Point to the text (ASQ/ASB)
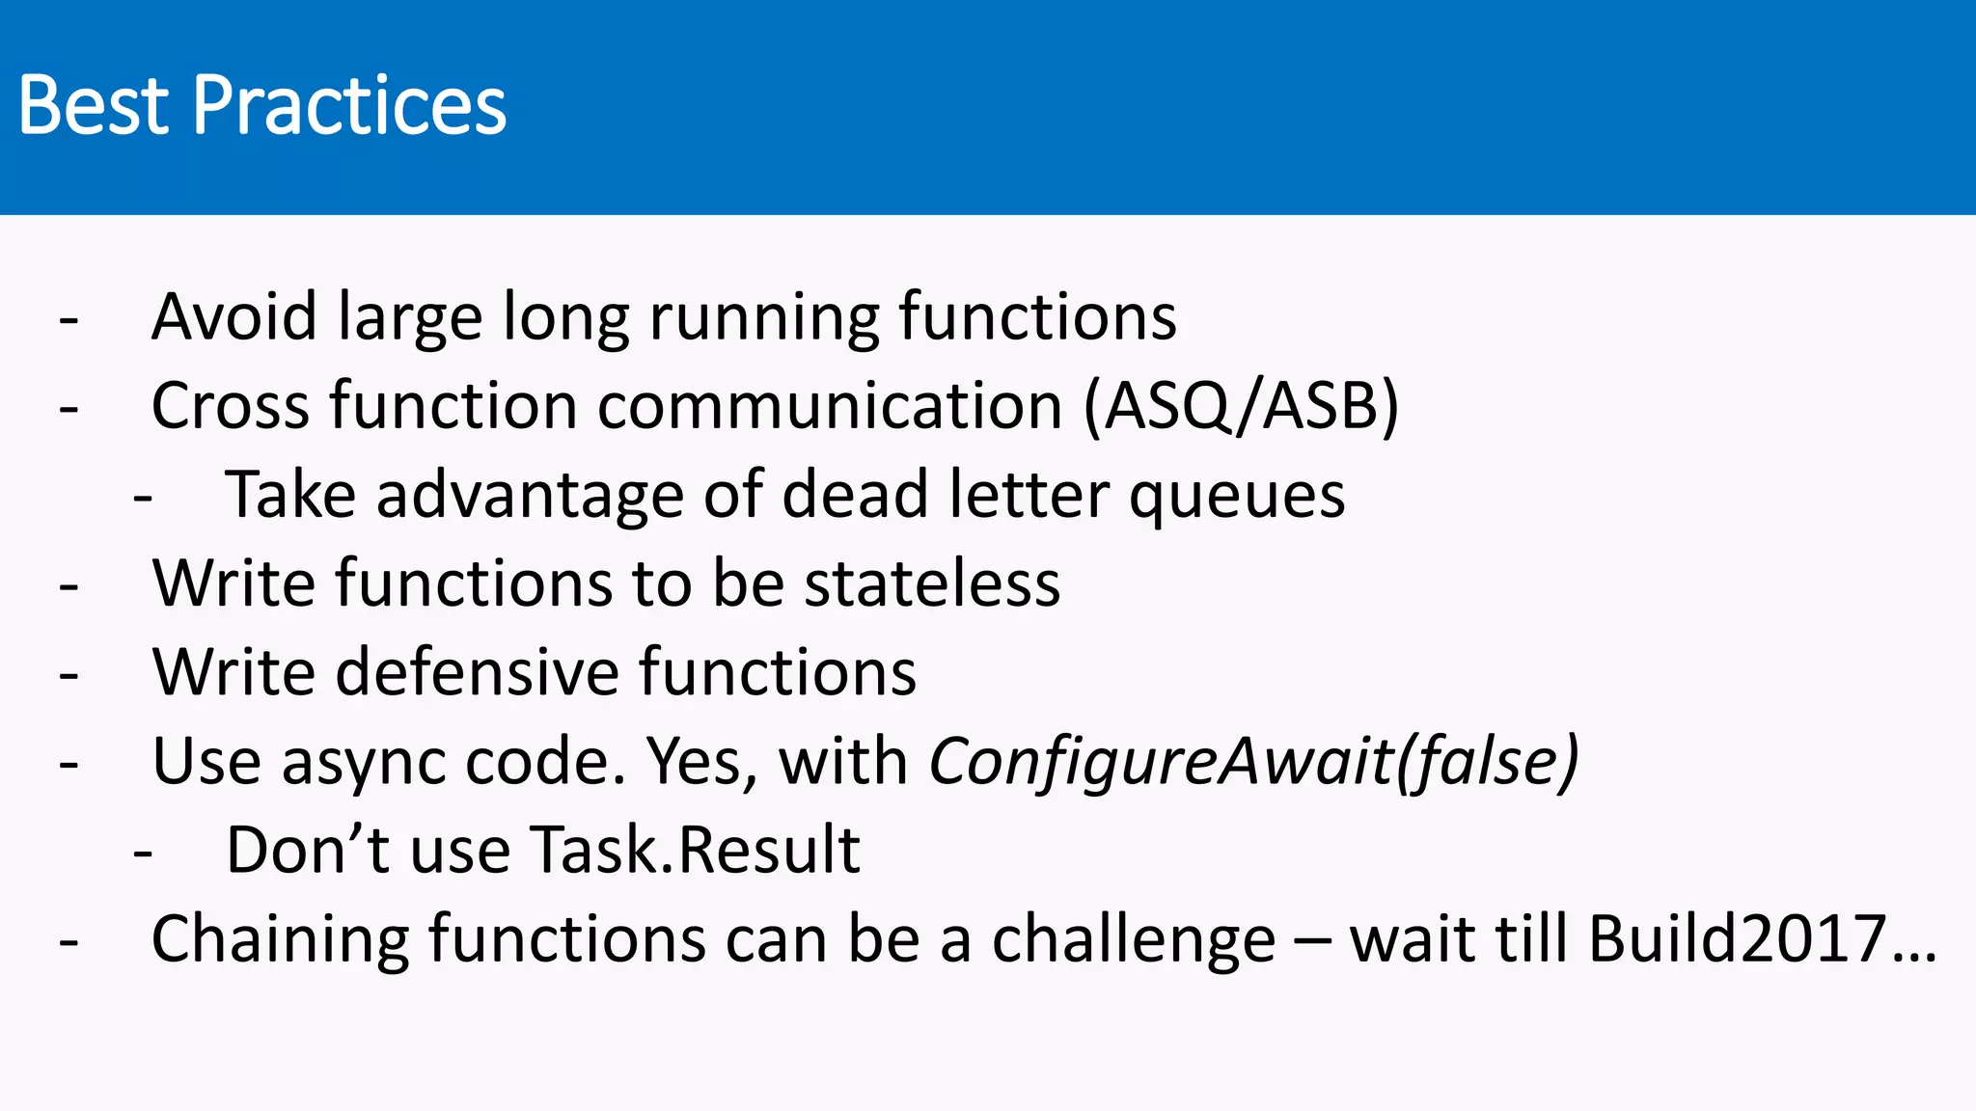(x=1241, y=406)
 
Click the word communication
(x=830, y=405)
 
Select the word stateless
(x=932, y=583)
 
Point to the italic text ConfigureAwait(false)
(x=1253, y=762)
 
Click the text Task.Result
(x=695, y=851)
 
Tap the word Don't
(x=308, y=851)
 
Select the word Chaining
(x=280, y=940)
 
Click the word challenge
(x=1134, y=940)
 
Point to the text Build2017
(x=1737, y=939)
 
